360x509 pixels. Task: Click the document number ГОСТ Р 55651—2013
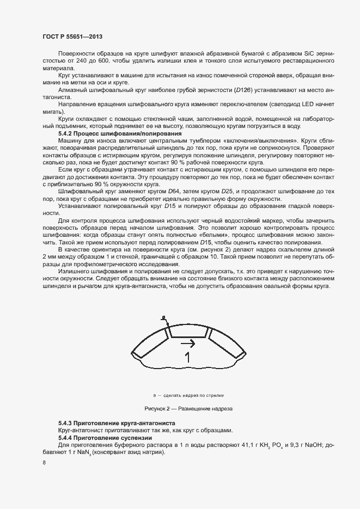point(72,36)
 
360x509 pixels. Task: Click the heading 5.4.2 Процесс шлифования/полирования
point(120,133)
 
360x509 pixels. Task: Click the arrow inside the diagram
point(188,343)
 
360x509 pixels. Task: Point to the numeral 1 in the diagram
point(187,358)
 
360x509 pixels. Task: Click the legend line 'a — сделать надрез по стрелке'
point(188,394)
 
